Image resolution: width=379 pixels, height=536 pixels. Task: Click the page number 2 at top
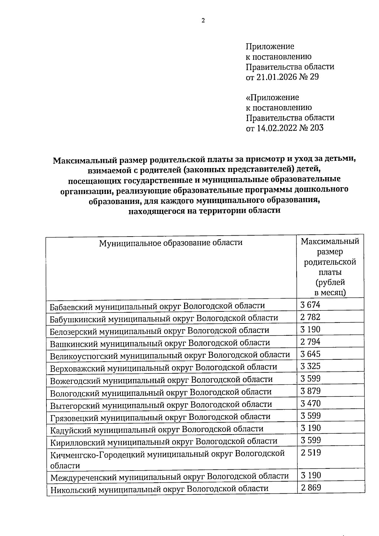click(x=203, y=21)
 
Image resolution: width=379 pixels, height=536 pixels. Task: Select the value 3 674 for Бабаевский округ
click(x=310, y=305)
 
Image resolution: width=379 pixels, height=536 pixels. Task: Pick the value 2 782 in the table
click(x=310, y=317)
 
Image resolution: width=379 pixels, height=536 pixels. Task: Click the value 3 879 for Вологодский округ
click(x=310, y=391)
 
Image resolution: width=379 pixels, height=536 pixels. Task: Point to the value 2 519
click(x=310, y=453)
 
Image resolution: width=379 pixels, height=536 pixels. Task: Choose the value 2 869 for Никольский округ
click(x=310, y=488)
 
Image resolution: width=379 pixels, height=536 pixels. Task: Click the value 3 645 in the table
click(x=310, y=354)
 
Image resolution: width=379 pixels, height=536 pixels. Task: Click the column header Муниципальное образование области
click(x=171, y=243)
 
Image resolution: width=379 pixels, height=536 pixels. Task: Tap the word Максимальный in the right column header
click(x=330, y=242)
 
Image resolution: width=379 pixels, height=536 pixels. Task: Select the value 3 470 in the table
click(x=310, y=403)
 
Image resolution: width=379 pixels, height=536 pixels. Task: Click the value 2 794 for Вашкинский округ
click(x=310, y=342)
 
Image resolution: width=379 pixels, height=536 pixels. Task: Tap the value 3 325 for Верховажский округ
click(x=310, y=366)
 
